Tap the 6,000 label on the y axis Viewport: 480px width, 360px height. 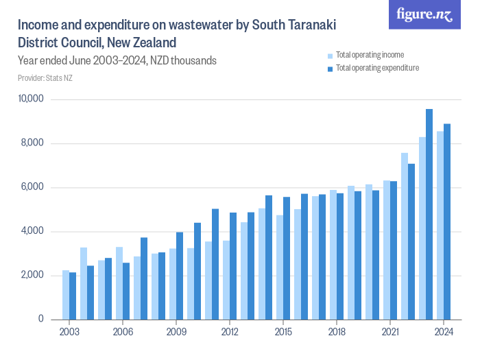(x=32, y=187)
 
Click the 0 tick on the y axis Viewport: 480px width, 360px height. (x=41, y=320)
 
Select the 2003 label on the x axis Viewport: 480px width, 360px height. (x=69, y=332)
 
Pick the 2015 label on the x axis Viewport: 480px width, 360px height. (x=283, y=332)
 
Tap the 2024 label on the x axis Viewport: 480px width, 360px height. (x=443, y=332)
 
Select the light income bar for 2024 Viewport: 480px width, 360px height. (x=440, y=226)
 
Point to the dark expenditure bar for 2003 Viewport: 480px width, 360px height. (x=73, y=296)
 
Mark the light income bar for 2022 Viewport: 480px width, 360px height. (x=405, y=236)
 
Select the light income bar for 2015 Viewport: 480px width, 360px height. (x=280, y=267)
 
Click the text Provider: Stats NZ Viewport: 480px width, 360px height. (x=45, y=78)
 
